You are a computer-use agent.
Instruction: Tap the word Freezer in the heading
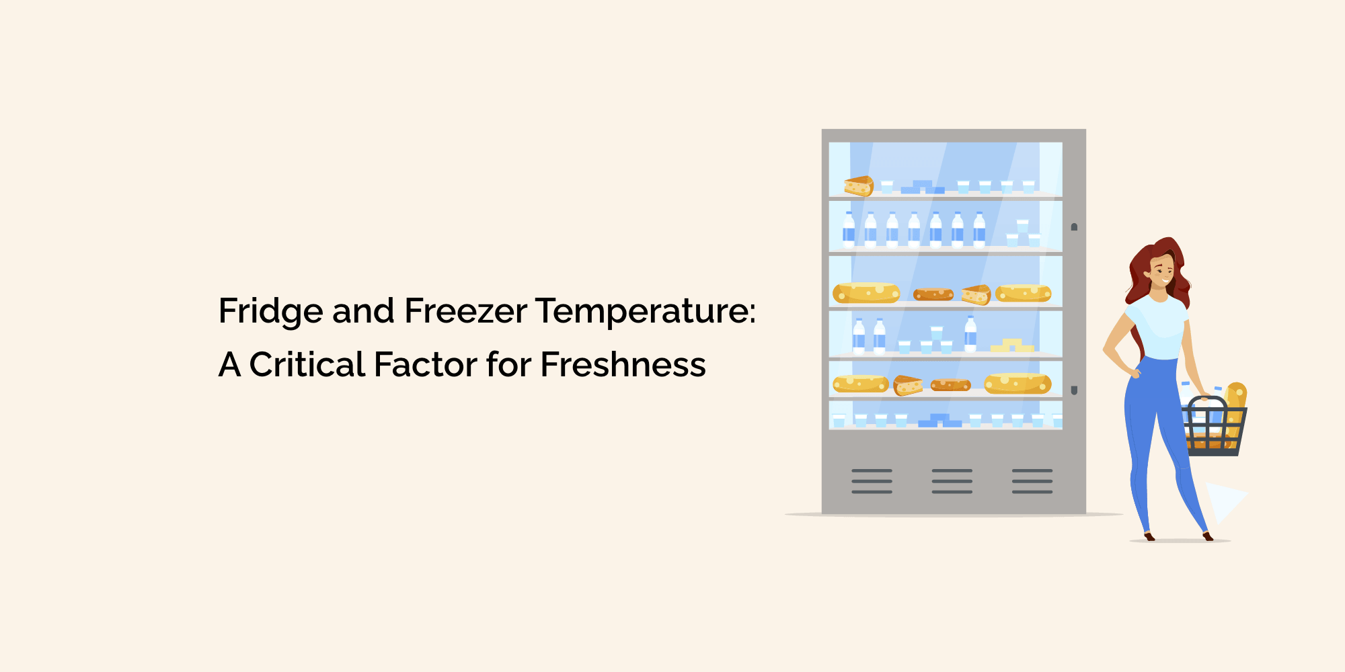pyautogui.click(x=465, y=311)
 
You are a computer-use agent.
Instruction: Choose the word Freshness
pyautogui.click(x=623, y=365)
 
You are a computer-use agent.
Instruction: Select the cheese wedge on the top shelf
pyautogui.click(x=859, y=185)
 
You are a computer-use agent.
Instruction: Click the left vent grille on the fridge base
pyautogui.click(x=872, y=481)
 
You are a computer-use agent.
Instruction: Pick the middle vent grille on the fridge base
pyautogui.click(x=952, y=481)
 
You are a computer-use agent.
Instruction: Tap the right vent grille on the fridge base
pyautogui.click(x=1032, y=481)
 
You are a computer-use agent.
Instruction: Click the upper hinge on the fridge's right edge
pyautogui.click(x=1074, y=227)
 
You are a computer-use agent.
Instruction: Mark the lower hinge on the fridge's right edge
pyautogui.click(x=1074, y=390)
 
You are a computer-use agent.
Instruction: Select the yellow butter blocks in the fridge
pyautogui.click(x=1012, y=345)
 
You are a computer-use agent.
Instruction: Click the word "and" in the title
pyautogui.click(x=363, y=311)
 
